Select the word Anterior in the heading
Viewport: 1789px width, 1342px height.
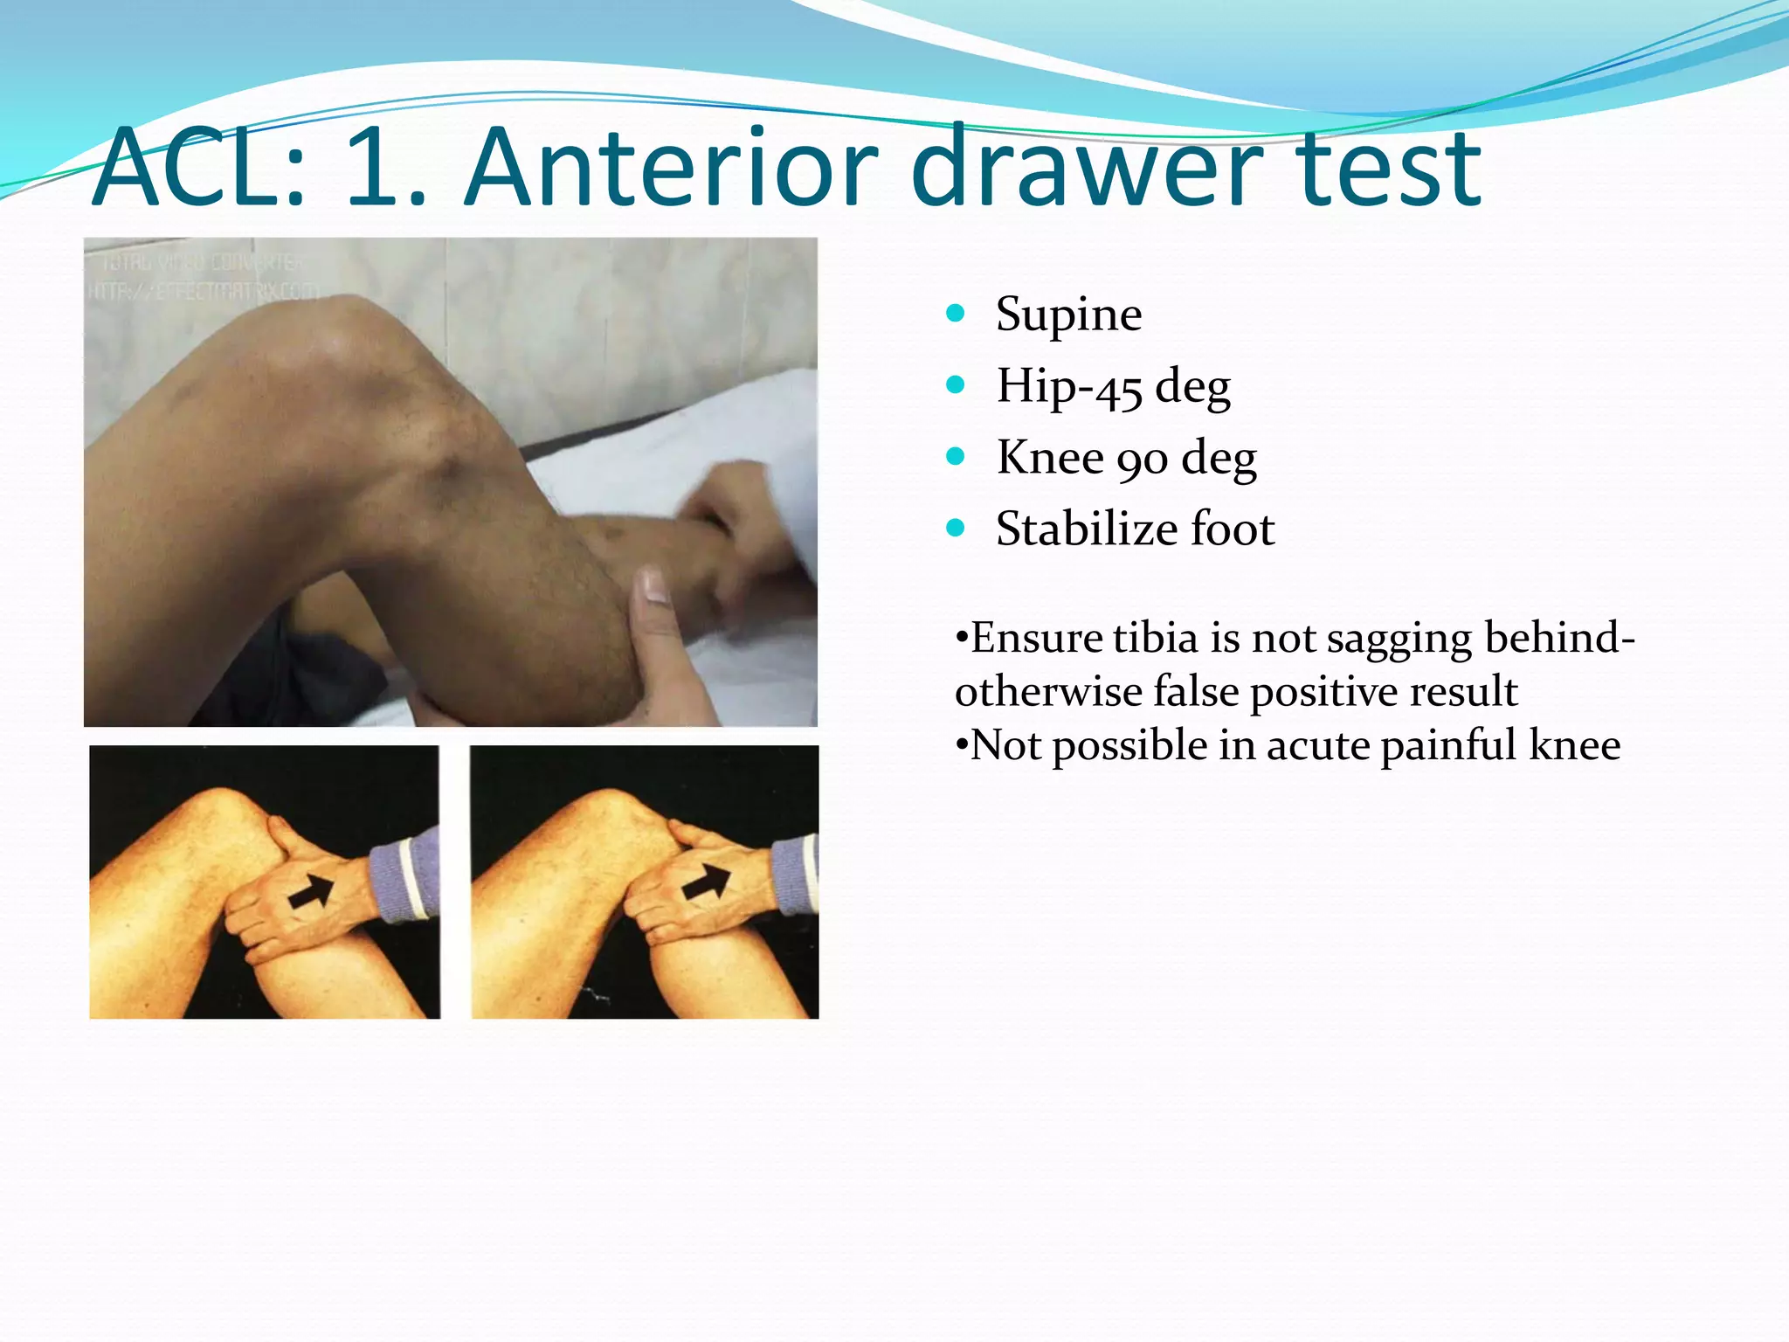pos(671,169)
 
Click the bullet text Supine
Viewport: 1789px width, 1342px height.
pos(1068,315)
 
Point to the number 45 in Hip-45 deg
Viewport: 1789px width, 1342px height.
pos(1119,389)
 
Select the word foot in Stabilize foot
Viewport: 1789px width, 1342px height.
pos(1233,529)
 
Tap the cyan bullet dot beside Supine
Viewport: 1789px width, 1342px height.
pos(955,313)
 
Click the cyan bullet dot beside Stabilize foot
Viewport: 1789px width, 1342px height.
pos(955,528)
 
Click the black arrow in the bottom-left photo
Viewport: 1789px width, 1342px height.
pos(312,890)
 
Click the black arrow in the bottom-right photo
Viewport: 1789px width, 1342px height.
pos(706,882)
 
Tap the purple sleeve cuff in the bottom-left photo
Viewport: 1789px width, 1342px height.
pos(404,874)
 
